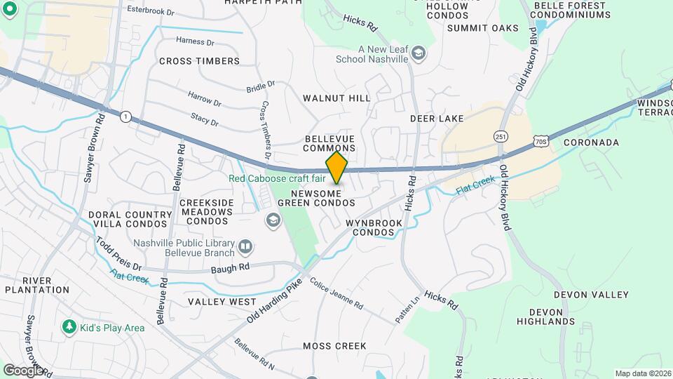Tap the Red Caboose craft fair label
pos(277,178)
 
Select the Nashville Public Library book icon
pos(245,246)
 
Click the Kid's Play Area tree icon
pos(69,327)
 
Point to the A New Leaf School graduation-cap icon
pos(419,54)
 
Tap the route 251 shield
pos(500,136)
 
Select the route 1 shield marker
pos(125,116)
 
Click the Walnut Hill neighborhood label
pos(336,98)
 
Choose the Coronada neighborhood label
pos(591,142)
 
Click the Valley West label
pos(222,302)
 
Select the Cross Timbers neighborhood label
pos(199,61)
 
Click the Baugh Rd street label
pos(234,267)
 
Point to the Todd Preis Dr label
pos(118,254)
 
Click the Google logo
pos(22,370)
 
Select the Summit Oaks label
pos(482,28)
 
